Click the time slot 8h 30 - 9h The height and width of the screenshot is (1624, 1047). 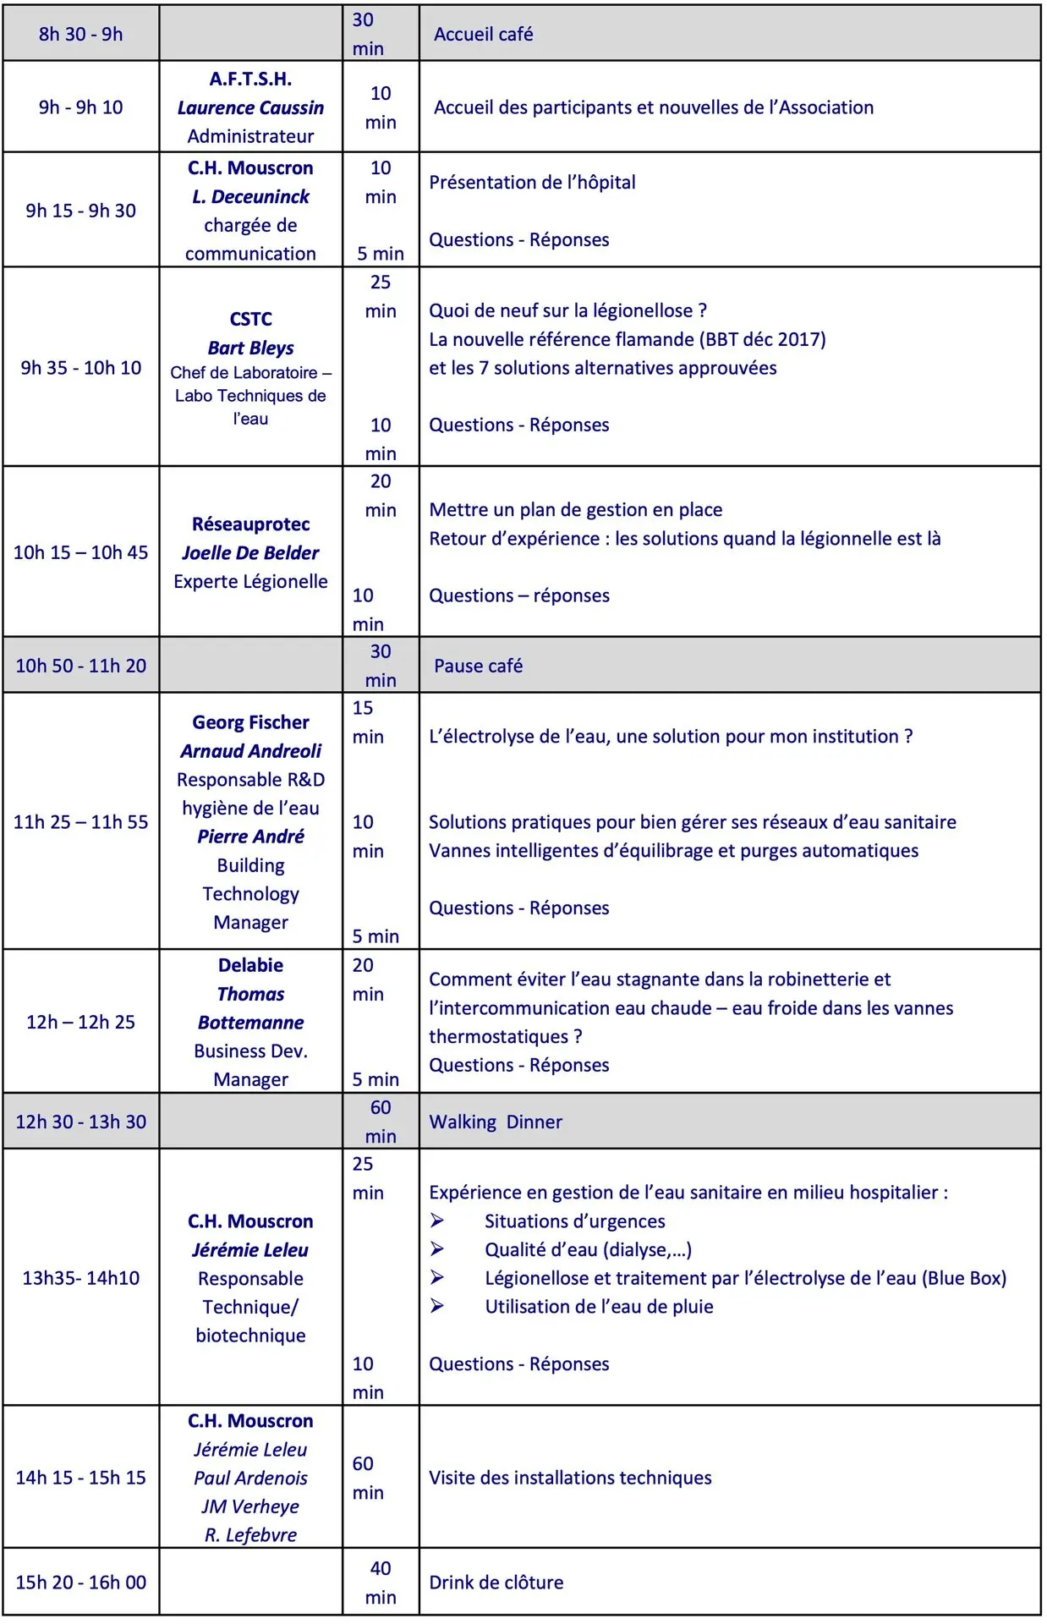(x=80, y=34)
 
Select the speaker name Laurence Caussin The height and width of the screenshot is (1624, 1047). (x=250, y=107)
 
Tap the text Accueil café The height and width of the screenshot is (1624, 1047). (x=483, y=34)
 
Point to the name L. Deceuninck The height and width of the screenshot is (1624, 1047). (x=250, y=196)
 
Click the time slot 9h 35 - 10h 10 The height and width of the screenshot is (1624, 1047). (x=80, y=368)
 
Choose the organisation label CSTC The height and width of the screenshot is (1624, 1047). (x=250, y=319)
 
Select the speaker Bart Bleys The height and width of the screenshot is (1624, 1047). (x=250, y=348)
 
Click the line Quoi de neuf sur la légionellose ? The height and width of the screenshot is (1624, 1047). (x=567, y=310)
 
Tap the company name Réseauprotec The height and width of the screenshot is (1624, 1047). (x=250, y=524)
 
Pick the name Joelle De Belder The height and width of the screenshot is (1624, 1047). (x=250, y=552)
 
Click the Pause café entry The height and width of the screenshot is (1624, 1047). (x=478, y=666)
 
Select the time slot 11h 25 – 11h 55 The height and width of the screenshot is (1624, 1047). (x=80, y=821)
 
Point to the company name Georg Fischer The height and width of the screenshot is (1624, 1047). (x=250, y=722)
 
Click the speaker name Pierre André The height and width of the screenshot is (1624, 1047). (x=250, y=836)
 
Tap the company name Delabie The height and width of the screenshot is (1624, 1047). (x=250, y=965)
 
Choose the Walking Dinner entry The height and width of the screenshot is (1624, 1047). (x=496, y=1122)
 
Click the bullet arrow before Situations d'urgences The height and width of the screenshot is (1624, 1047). (x=437, y=1221)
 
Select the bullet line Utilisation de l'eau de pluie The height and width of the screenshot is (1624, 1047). (x=599, y=1306)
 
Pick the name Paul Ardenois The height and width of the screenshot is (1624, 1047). (x=250, y=1478)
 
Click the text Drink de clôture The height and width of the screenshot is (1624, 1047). (x=496, y=1582)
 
